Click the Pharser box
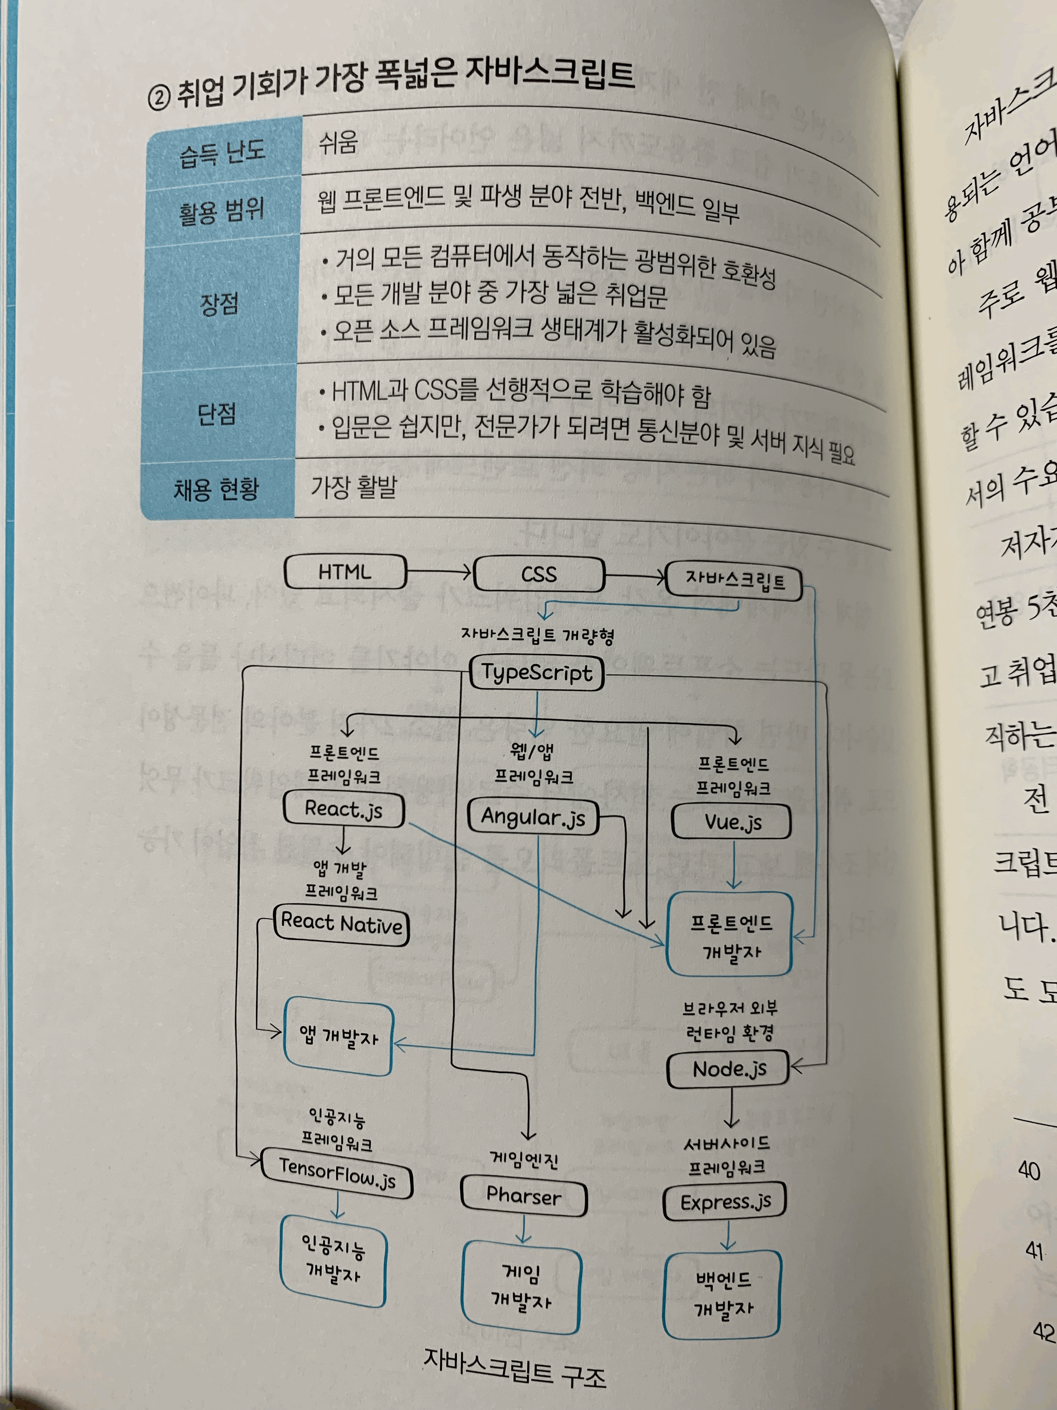[x=523, y=1196]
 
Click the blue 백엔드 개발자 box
[x=722, y=1294]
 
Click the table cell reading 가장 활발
[x=354, y=487]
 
